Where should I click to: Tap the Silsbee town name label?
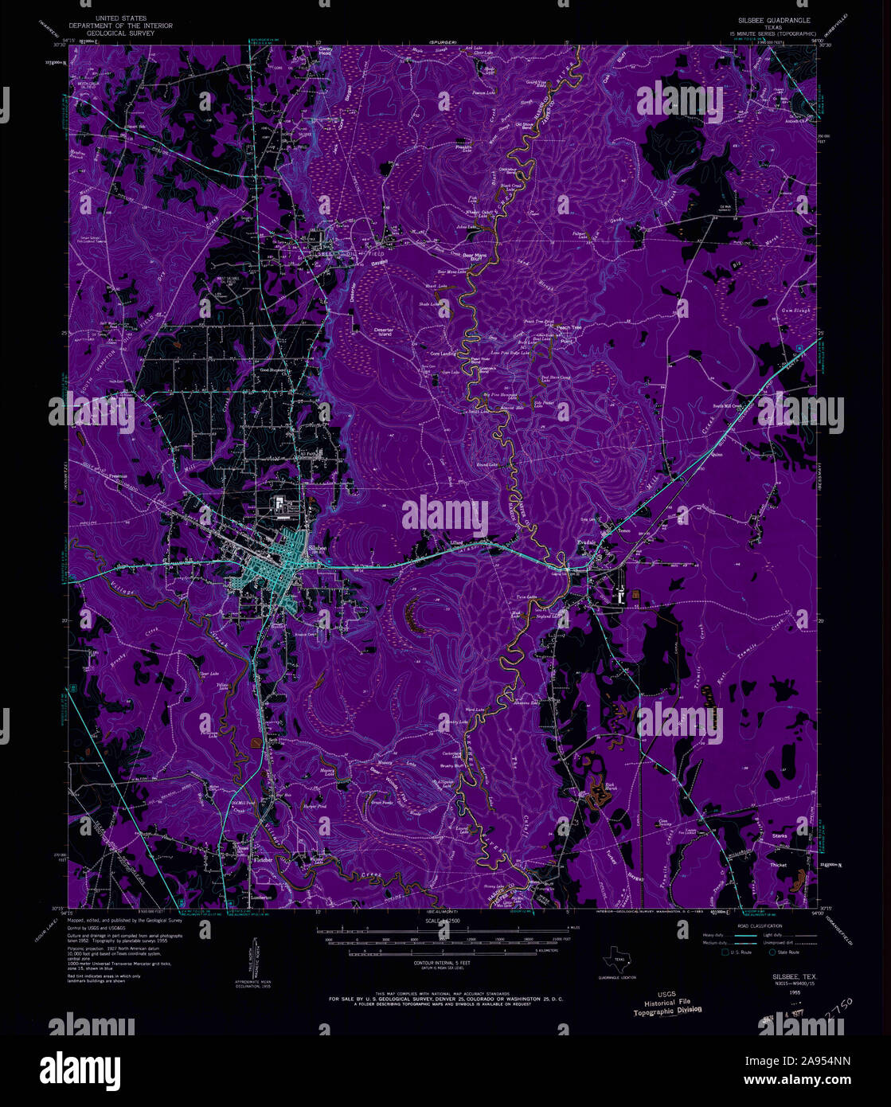coord(317,550)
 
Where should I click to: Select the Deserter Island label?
coord(373,331)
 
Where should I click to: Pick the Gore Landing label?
coord(443,353)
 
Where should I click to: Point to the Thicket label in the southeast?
coord(779,864)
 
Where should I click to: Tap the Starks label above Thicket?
coord(779,835)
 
